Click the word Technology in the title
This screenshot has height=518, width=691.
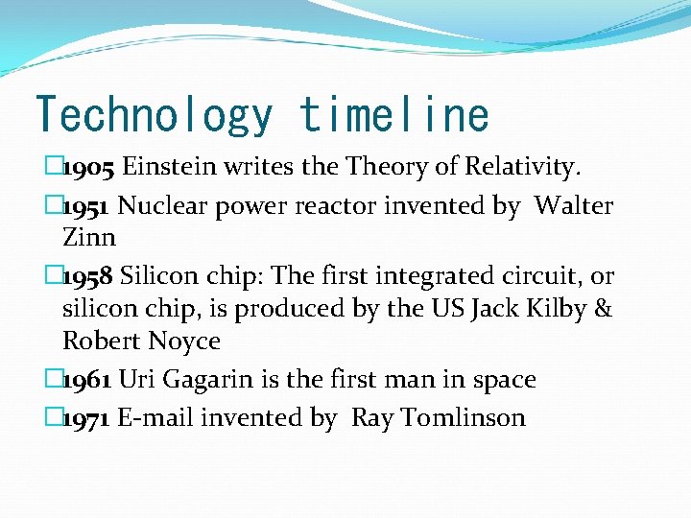click(x=154, y=114)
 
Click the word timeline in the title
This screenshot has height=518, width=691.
click(x=393, y=114)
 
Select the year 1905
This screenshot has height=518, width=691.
click(x=89, y=169)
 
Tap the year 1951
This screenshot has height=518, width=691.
click(x=87, y=206)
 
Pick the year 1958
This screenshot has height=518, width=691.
click(x=89, y=276)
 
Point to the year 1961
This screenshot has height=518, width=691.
click(x=87, y=380)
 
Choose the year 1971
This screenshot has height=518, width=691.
click(x=87, y=418)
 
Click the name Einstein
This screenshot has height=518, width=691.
click(x=171, y=169)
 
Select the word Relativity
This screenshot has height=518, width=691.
click(x=523, y=169)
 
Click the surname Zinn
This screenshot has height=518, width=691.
click(x=88, y=237)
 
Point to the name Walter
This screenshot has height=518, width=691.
click(x=574, y=206)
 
